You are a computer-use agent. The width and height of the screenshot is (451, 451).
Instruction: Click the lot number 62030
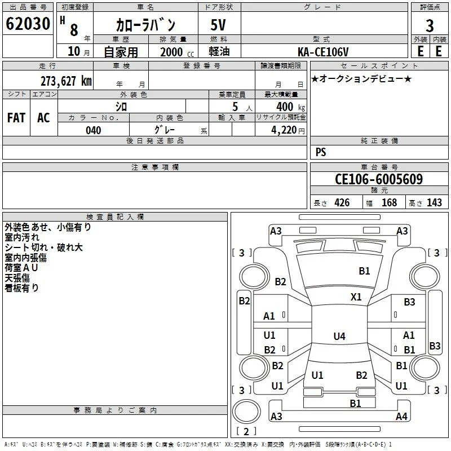pos(28,24)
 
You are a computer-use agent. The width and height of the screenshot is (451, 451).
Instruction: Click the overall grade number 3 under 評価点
pos(430,26)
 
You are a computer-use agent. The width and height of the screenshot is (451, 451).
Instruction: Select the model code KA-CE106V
pos(323,52)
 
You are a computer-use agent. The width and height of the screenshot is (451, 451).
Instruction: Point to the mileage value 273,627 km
pos(66,81)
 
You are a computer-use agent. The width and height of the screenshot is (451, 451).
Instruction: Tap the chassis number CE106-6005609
pos(379,179)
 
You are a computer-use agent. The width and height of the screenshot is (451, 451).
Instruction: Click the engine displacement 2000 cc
pos(177,52)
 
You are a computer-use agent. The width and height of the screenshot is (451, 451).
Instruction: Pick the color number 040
pos(93,130)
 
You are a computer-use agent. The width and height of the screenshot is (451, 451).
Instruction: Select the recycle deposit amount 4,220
pos(284,130)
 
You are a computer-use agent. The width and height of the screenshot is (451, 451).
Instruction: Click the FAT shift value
pos(16,118)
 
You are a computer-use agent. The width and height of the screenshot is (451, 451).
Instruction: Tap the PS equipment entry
pos(321,152)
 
